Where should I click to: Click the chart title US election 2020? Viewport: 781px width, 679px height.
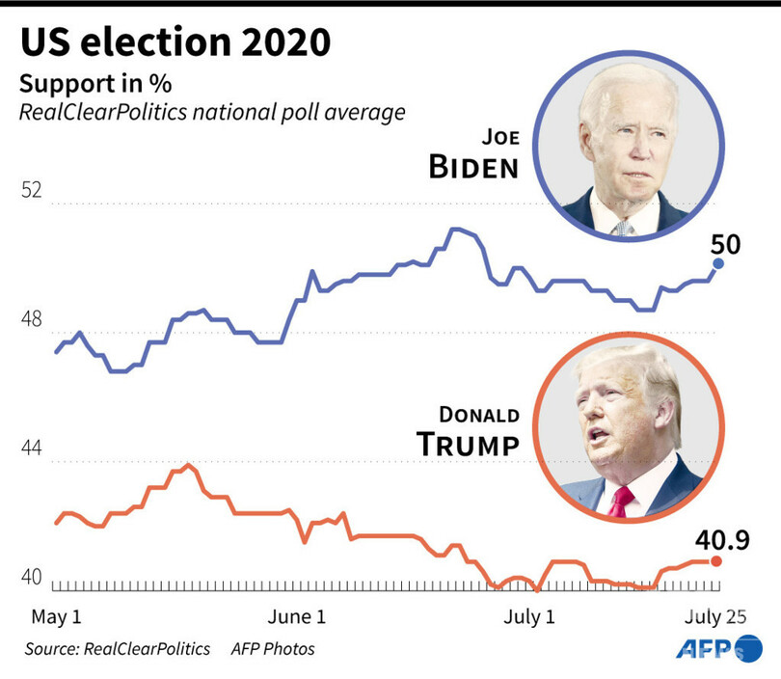pyautogui.click(x=177, y=42)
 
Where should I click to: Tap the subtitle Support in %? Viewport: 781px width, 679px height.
pyautogui.click(x=89, y=83)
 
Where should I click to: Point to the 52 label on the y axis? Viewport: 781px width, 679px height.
pyautogui.click(x=33, y=190)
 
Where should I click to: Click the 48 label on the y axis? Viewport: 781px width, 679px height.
pyautogui.click(x=33, y=319)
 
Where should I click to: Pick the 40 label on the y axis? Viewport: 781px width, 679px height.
pyautogui.click(x=33, y=578)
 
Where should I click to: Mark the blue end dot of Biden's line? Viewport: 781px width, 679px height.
pyautogui.click(x=718, y=263)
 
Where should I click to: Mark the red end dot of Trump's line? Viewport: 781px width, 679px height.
pyautogui.click(x=715, y=560)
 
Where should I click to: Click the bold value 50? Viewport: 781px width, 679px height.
pyautogui.click(x=725, y=244)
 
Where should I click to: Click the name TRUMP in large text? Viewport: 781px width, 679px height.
pyautogui.click(x=468, y=445)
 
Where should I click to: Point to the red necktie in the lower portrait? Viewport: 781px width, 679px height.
pyautogui.click(x=622, y=500)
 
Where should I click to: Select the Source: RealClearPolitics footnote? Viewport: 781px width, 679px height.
pyautogui.click(x=118, y=649)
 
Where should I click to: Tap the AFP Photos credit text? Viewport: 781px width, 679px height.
pyautogui.click(x=272, y=649)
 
